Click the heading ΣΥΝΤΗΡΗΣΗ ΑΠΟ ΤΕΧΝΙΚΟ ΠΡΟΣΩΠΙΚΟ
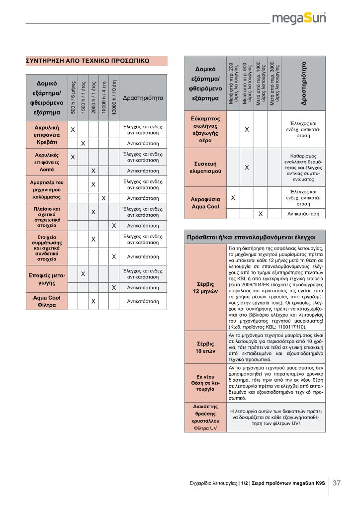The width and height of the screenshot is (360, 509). tap(87, 61)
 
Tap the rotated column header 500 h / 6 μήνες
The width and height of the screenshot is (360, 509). tap(73, 97)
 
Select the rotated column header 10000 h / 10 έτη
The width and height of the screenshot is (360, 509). tap(114, 97)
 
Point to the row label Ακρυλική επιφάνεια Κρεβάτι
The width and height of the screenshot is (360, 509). tap(47, 135)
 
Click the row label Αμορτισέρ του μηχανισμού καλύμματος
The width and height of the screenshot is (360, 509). tap(47, 189)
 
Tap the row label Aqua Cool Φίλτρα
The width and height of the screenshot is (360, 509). tap(47, 301)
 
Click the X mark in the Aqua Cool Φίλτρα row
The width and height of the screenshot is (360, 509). tap(93, 301)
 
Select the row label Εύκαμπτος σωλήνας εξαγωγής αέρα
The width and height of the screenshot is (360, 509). tap(205, 130)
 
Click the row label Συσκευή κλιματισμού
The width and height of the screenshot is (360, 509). tap(205, 168)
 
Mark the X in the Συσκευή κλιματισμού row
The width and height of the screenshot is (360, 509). tap(247, 168)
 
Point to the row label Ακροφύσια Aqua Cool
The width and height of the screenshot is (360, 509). tap(205, 203)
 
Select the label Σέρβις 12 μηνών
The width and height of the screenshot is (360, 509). tap(205, 287)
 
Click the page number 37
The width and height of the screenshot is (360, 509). tap(337, 483)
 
